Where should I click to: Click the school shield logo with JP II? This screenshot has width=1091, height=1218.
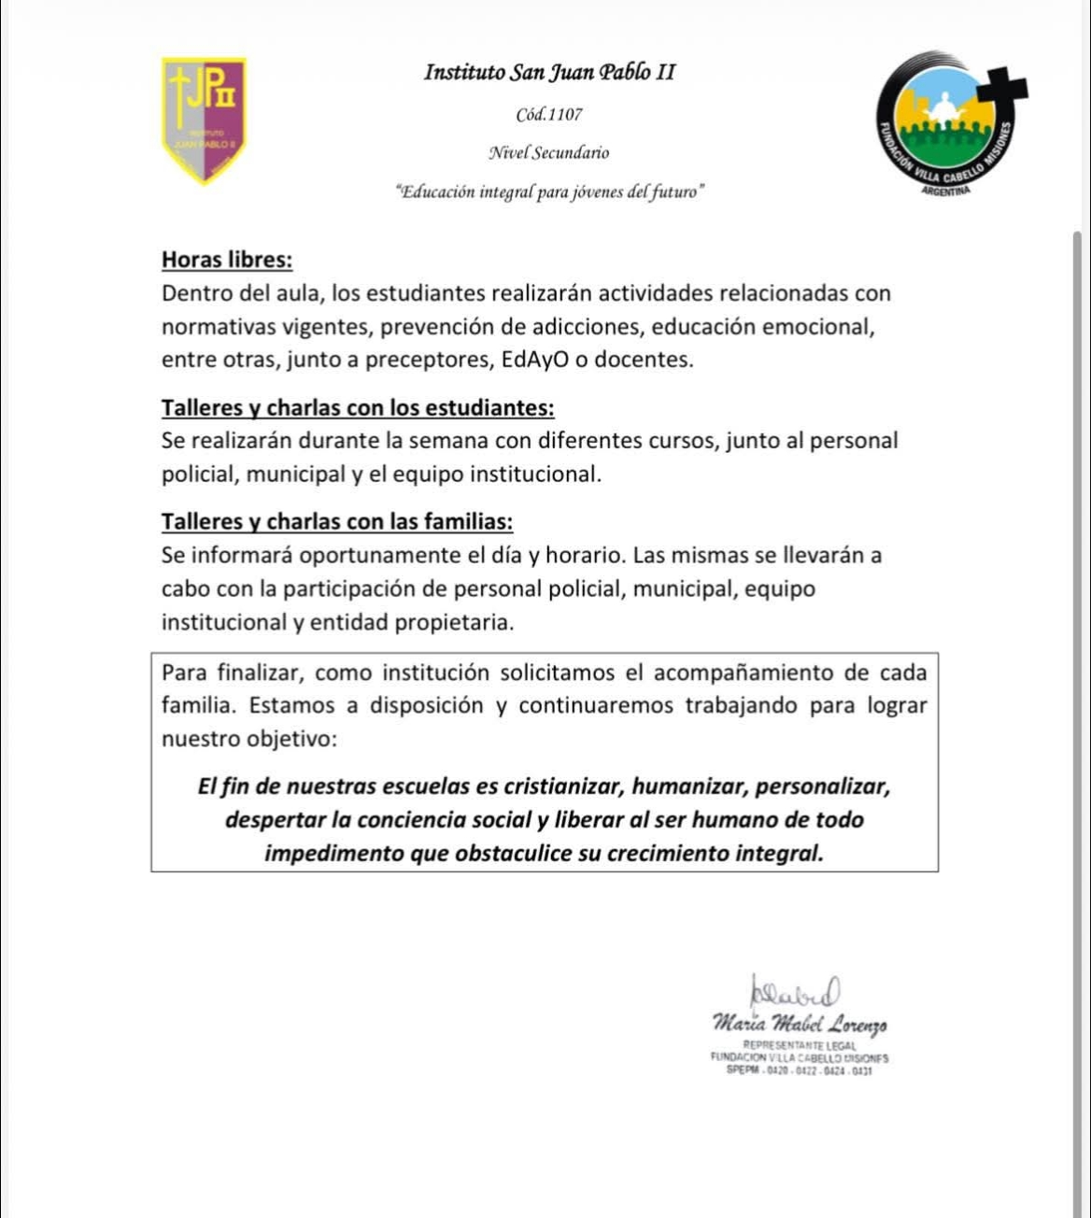(204, 120)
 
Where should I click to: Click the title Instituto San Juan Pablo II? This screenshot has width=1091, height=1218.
(549, 72)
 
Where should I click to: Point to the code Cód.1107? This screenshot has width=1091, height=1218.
(549, 115)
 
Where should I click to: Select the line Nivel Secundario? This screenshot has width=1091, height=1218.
(549, 152)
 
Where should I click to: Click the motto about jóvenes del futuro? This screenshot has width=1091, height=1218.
(549, 191)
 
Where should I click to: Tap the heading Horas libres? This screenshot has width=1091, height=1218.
(227, 260)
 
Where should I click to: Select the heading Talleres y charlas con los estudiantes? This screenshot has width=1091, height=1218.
(358, 408)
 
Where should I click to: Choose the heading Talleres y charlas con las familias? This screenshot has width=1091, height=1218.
(337, 521)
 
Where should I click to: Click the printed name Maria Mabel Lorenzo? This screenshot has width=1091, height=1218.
(800, 1024)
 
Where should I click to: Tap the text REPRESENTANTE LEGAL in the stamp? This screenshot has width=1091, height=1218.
(800, 1044)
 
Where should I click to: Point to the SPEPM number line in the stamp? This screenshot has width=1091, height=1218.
(800, 1071)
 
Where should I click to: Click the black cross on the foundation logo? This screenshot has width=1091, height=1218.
(1001, 90)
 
